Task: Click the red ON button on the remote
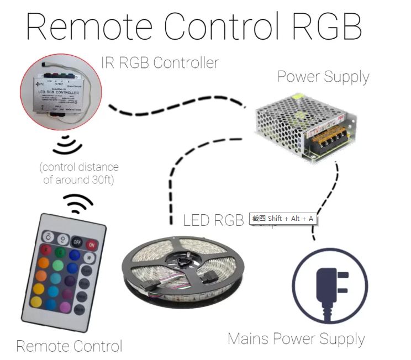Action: [91, 244]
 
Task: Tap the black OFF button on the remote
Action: [76, 242]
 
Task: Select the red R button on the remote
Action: [46, 250]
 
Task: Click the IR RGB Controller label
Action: [160, 62]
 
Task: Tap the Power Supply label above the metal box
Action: [323, 77]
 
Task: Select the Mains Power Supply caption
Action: [296, 338]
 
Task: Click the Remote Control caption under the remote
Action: [69, 346]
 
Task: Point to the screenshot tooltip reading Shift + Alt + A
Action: [283, 219]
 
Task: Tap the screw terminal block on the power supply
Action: [326, 141]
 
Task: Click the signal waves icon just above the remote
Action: [77, 205]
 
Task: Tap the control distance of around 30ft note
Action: [79, 173]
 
